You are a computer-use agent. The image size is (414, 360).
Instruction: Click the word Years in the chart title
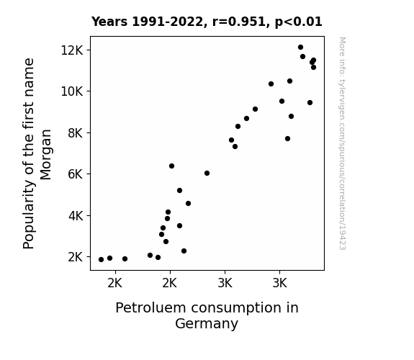109,22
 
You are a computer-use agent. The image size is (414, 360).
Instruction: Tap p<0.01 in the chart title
299,22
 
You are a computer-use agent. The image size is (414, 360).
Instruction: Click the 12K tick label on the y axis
72,50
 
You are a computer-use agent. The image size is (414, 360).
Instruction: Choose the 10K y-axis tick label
72,91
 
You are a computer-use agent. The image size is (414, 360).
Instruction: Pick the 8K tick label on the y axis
76,133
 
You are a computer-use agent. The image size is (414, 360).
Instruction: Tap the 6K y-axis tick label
76,174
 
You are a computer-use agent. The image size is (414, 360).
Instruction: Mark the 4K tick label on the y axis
76,216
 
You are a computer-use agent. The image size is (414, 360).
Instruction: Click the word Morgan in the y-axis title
45,155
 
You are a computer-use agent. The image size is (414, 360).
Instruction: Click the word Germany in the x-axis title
207,323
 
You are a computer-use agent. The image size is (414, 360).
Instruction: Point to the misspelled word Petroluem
150,307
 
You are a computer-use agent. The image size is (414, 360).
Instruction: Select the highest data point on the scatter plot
300,48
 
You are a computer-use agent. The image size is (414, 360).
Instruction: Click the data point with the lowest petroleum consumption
101,260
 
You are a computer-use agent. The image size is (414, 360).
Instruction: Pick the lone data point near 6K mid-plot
207,174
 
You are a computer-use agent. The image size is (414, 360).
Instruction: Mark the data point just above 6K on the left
171,166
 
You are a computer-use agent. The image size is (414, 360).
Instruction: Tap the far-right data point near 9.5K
310,102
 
